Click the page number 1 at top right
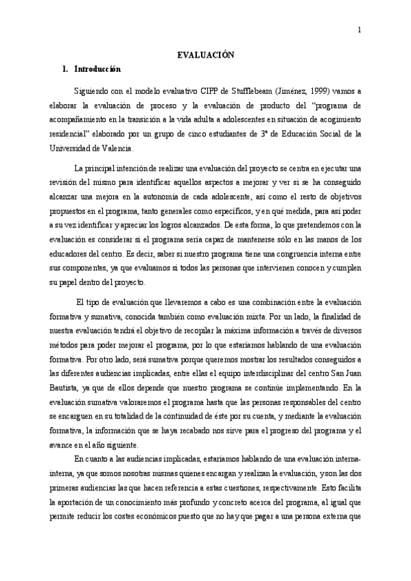point(360,30)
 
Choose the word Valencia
point(116,147)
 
